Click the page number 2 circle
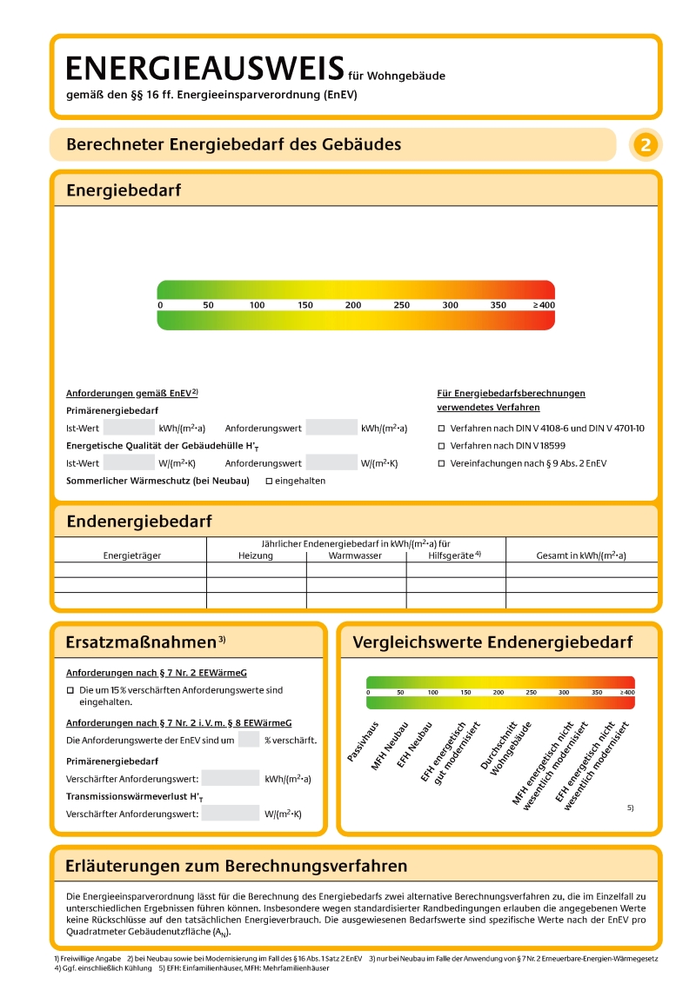[645, 145]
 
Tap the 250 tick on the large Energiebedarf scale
[401, 306]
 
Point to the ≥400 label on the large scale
[544, 306]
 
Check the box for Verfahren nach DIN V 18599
[441, 446]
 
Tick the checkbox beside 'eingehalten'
[269, 481]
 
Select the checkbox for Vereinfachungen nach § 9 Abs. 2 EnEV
[441, 463]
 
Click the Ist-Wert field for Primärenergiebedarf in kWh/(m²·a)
[129, 428]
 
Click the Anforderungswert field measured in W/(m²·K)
[331, 462]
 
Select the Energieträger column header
[132, 555]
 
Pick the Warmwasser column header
[355, 555]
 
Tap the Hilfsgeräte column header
[454, 555]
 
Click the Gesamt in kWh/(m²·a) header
[581, 555]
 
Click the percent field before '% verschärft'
[249, 740]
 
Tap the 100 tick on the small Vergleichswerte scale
[433, 693]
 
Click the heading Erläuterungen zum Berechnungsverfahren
[237, 866]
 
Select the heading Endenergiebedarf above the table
[139, 522]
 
